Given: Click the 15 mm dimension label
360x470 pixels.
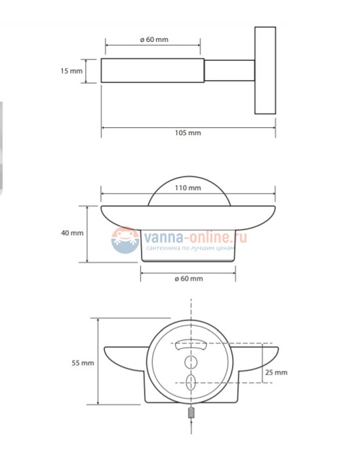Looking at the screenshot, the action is pyautogui.click(x=72, y=71).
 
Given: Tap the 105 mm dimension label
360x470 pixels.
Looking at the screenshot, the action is pyautogui.click(x=188, y=132).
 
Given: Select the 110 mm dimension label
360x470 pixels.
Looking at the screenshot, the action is pyautogui.click(x=188, y=188).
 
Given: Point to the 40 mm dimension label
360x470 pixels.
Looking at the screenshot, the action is pyautogui.click(x=72, y=233).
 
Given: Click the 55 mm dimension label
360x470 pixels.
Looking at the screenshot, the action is pyautogui.click(x=82, y=363).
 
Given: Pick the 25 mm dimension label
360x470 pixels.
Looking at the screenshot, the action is pyautogui.click(x=276, y=372).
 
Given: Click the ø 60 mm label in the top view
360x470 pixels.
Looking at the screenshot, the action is pyautogui.click(x=154, y=39).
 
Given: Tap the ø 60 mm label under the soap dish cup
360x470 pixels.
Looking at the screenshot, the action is pyautogui.click(x=189, y=278).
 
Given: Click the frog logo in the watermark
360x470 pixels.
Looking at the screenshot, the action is pyautogui.click(x=125, y=240).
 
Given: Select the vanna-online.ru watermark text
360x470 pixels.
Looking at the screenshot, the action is pyautogui.click(x=195, y=237).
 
